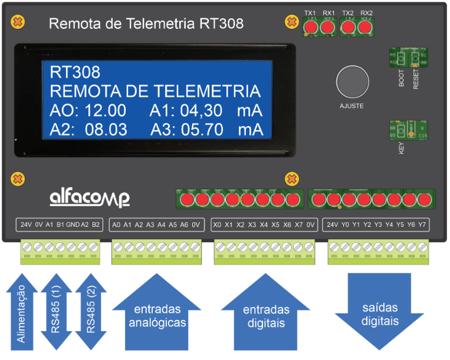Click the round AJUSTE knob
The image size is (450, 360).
pyautogui.click(x=352, y=82)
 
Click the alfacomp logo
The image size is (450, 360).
pyautogui.click(x=89, y=197)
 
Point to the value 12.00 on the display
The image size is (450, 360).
pyautogui.click(x=105, y=111)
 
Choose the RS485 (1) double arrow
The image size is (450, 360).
pyautogui.click(x=57, y=312)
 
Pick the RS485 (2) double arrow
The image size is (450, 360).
pyautogui.click(x=91, y=312)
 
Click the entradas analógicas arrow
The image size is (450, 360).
pyautogui.click(x=157, y=312)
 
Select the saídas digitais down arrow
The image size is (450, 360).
pyautogui.click(x=379, y=312)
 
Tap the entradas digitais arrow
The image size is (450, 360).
pyautogui.click(x=266, y=312)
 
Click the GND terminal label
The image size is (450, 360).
pyautogui.click(x=73, y=224)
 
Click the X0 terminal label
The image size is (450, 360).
pyautogui.click(x=218, y=224)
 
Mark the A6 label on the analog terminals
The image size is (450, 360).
pyautogui.click(x=184, y=224)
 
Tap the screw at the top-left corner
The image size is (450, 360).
pyautogui.click(x=18, y=22)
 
